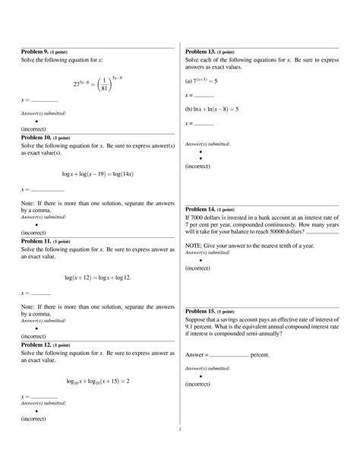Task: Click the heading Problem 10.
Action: click(x=39, y=138)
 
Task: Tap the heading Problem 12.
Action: click(x=39, y=345)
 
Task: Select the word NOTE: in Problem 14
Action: click(x=194, y=246)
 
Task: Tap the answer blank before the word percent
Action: click(x=229, y=355)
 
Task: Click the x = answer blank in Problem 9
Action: click(x=44, y=100)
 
